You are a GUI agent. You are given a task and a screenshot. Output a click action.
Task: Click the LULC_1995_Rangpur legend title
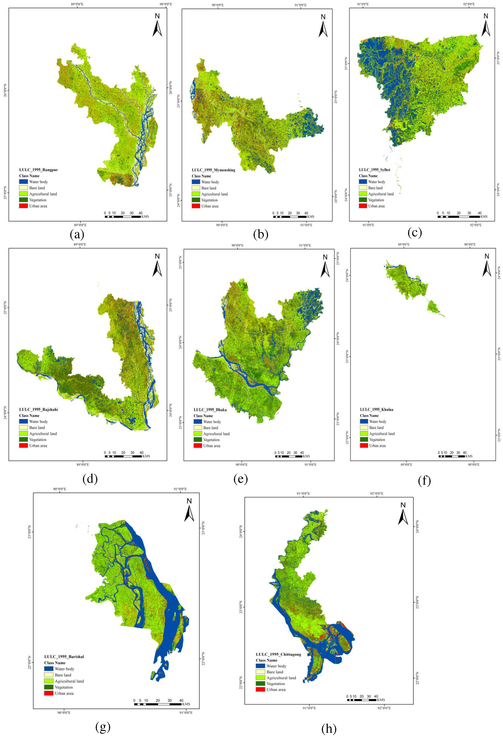[38, 170]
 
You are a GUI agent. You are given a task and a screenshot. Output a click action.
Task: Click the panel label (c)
[415, 233]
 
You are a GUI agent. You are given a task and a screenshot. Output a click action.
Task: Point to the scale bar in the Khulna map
[452, 456]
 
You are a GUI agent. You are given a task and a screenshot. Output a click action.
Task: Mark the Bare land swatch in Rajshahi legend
[23, 427]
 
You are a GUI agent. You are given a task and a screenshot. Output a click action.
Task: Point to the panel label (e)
[240, 479]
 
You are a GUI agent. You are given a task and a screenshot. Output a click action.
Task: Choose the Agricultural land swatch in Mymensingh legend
[196, 194]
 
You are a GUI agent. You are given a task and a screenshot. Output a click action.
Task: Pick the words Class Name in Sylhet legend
[368, 176]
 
